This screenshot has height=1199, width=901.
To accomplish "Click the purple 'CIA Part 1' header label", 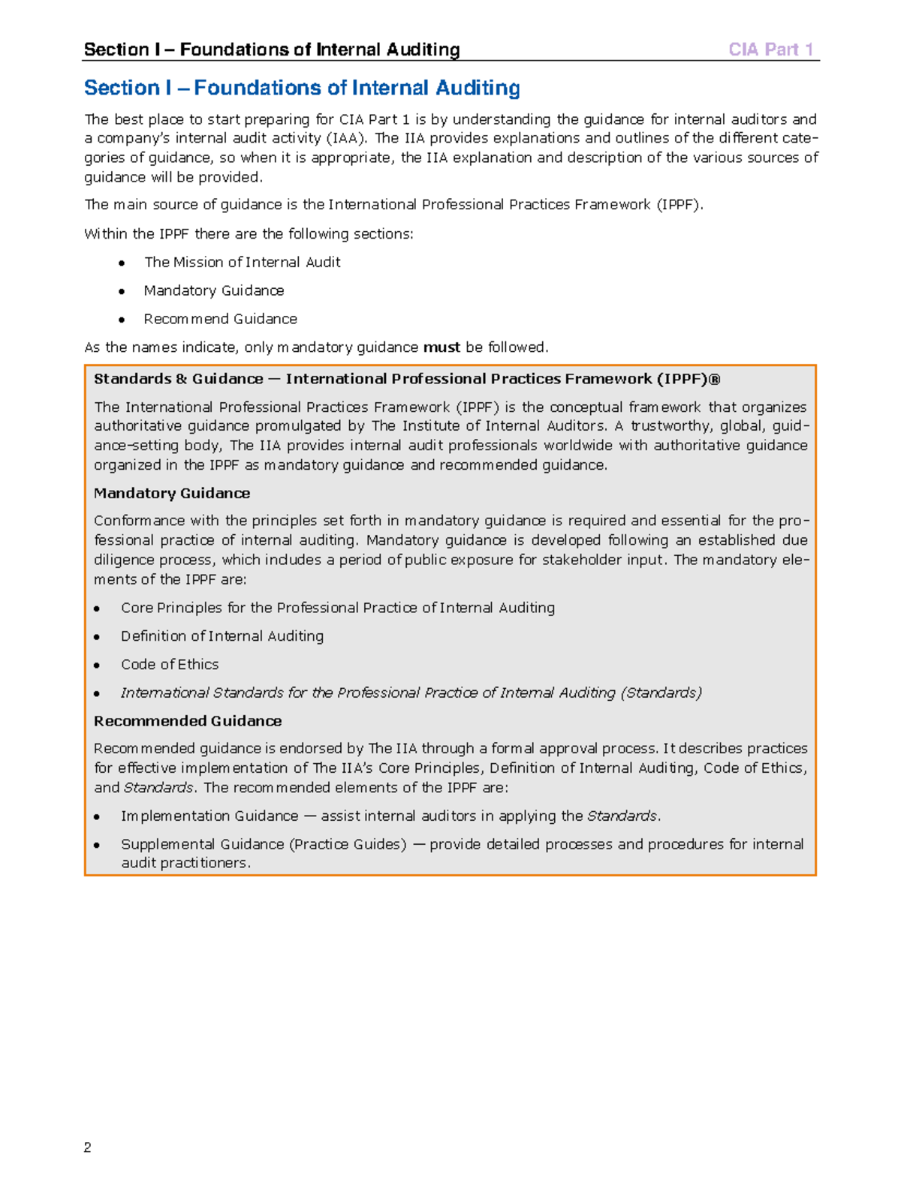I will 770,50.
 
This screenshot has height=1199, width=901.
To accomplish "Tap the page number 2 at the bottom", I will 88,1146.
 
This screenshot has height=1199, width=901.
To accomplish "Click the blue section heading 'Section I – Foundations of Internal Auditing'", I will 302,88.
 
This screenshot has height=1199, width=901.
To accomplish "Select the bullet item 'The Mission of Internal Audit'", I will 242,262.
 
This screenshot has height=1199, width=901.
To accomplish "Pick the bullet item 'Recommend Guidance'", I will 220,319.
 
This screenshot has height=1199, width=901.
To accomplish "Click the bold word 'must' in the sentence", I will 441,347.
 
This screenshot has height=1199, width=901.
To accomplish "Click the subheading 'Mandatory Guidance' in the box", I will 172,493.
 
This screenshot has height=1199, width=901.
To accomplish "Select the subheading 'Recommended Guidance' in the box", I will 188,721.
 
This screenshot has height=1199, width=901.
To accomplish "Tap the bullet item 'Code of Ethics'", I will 170,664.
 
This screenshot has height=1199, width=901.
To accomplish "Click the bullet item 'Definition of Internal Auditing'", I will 222,636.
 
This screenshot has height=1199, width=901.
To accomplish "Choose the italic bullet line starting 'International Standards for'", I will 411,693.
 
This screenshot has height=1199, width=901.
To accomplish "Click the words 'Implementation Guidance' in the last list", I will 209,816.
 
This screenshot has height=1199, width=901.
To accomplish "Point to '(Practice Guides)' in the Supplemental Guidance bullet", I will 348,844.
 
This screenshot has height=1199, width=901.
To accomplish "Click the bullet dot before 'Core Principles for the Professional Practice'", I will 97,609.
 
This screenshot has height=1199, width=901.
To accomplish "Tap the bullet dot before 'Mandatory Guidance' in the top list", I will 122,291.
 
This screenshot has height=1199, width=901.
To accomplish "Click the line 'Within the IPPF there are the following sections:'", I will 249,234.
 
